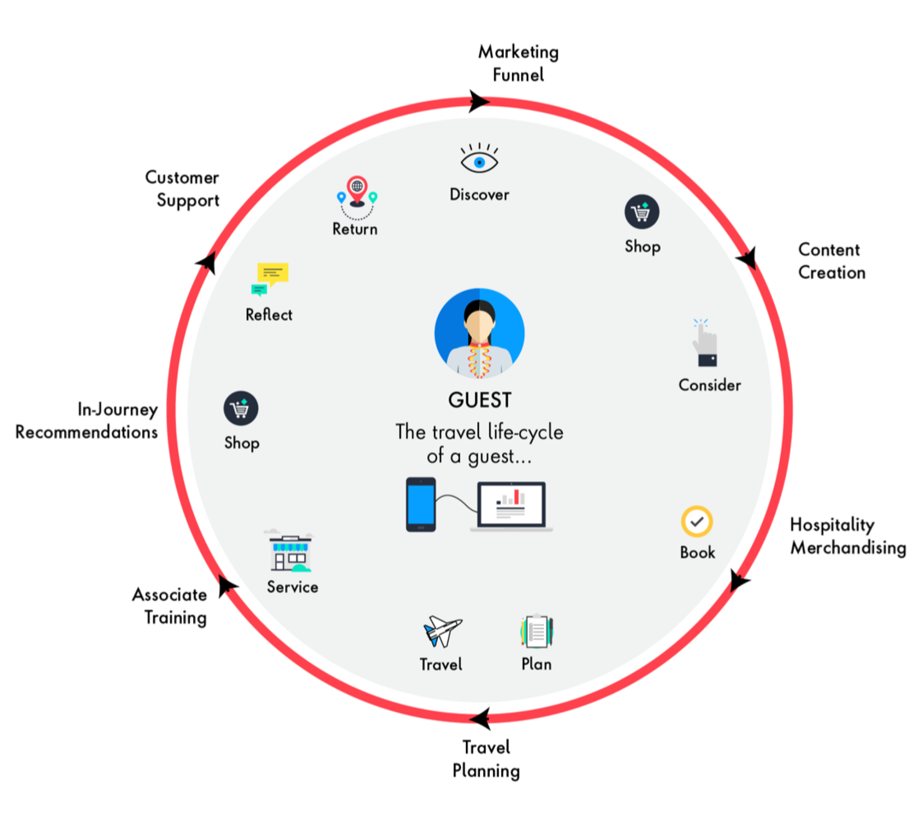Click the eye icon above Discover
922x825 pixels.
click(479, 161)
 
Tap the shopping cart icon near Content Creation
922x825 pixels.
click(641, 212)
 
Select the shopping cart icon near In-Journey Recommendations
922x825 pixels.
click(240, 408)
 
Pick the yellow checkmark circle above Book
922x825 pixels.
click(696, 521)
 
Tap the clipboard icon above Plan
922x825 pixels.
click(537, 632)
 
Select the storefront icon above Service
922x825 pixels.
click(290, 553)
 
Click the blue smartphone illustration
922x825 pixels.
click(420, 504)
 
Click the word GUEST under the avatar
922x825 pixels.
click(479, 400)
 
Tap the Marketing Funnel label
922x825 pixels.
click(518, 63)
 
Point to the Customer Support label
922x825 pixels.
click(183, 188)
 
